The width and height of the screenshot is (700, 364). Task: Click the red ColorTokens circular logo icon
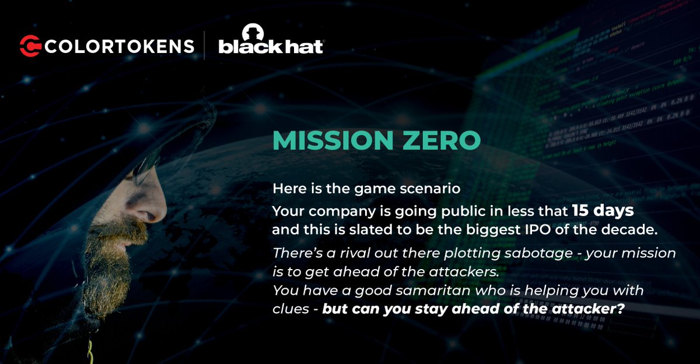click(x=30, y=46)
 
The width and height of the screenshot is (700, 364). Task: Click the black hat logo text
click(x=271, y=47)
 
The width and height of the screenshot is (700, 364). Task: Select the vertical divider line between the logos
click(x=204, y=46)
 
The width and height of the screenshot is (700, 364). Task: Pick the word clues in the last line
click(x=289, y=310)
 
